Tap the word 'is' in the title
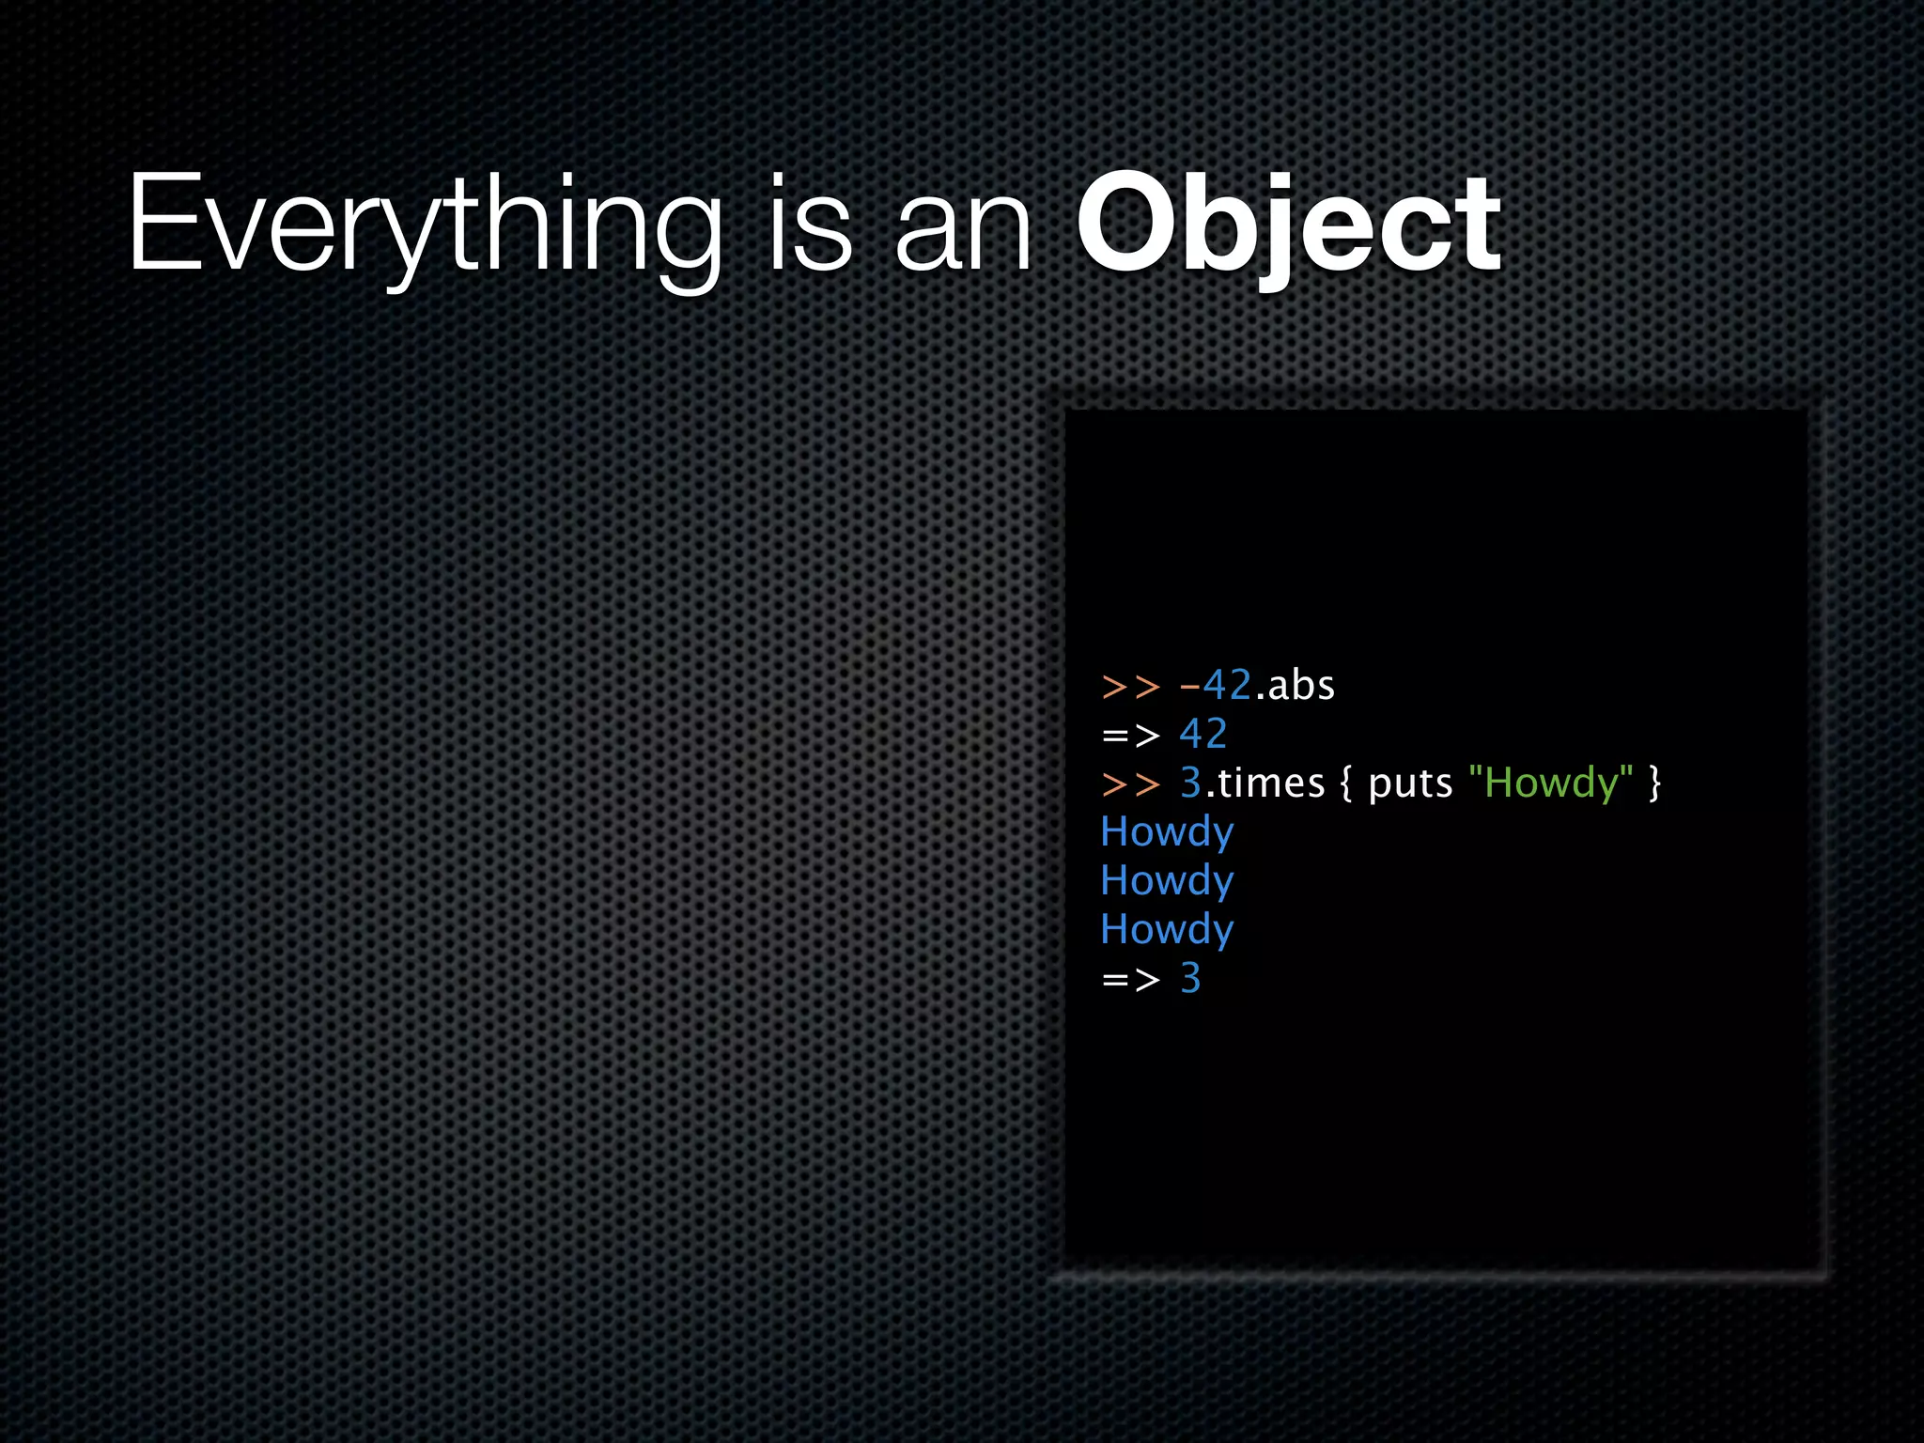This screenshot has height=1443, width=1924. tap(810, 225)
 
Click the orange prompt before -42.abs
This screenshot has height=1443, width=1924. tap(1130, 687)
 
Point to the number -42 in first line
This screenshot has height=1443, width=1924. tap(1216, 685)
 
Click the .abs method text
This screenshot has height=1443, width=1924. tap(1296, 685)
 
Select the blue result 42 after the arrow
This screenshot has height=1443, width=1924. tap(1202, 734)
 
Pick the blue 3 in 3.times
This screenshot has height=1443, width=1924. tap(1190, 783)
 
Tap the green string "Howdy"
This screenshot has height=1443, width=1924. tap(1550, 783)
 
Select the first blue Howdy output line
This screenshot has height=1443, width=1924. tap(1167, 832)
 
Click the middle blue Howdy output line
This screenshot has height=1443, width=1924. tap(1167, 881)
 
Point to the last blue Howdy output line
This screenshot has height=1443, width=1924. tap(1167, 930)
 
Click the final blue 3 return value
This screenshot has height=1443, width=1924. tap(1190, 978)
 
